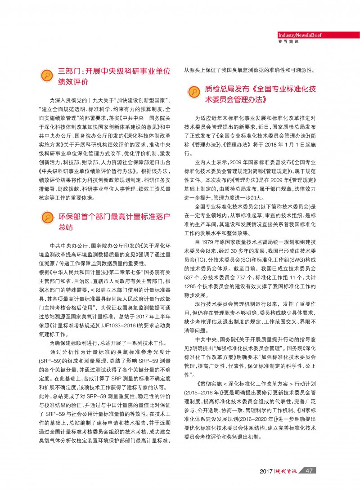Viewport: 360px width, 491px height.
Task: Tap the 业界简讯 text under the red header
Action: [x=289, y=42]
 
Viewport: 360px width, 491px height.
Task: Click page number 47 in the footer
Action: [x=309, y=471]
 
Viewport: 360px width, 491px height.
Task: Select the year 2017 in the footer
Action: [x=266, y=471]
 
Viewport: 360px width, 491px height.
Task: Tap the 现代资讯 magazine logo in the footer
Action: [x=288, y=471]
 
